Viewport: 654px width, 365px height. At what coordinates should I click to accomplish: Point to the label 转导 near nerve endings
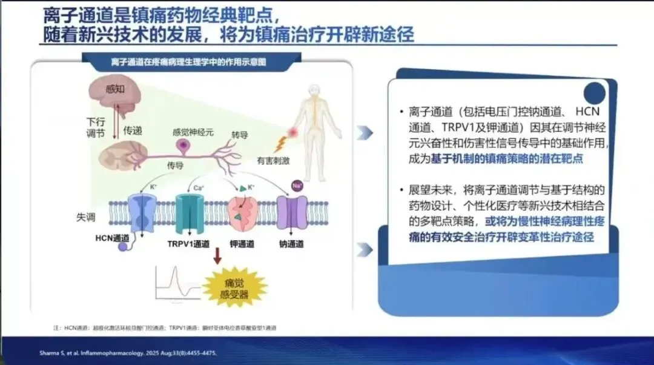(240, 134)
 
